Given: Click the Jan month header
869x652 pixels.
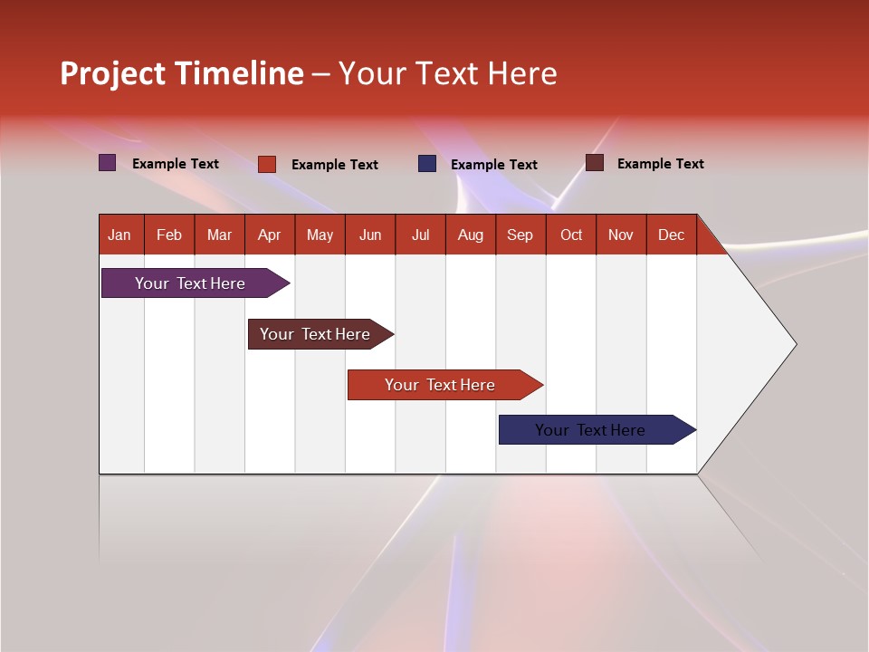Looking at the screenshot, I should coord(119,235).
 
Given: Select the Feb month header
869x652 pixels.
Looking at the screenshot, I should coord(169,235).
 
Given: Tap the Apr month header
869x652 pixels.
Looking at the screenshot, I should coord(269,235).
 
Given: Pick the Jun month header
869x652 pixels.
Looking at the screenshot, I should coord(370,235).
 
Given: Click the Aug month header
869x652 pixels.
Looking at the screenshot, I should coord(470,235).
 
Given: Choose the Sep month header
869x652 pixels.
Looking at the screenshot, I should coord(520,235).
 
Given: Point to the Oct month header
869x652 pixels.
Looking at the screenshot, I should coord(571,235).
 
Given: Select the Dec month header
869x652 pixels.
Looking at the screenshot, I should coord(671,235).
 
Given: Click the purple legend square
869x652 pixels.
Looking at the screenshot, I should coord(108,163).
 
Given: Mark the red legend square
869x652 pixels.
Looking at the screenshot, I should coord(267,164).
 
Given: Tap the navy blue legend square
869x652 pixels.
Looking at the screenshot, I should coord(427,164).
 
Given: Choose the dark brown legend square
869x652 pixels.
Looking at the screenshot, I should coord(595,163).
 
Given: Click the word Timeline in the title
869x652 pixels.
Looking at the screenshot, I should coord(239,73).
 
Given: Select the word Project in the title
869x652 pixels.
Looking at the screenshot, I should coord(113,73).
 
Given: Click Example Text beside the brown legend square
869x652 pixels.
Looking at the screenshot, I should coord(660,164).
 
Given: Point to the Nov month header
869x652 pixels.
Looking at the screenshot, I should coord(621,235).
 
